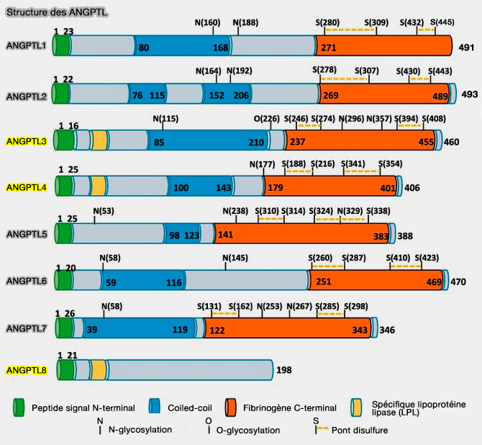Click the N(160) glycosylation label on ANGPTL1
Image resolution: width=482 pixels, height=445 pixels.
coord(208,22)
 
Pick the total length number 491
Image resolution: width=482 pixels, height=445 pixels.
coord(468,47)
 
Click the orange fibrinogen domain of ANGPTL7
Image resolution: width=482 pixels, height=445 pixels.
coord(288,328)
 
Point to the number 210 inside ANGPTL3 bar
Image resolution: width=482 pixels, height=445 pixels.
coord(256,142)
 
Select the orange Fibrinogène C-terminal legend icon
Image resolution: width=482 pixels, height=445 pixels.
coord(231,408)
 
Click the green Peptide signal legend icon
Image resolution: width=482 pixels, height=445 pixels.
coord(19,408)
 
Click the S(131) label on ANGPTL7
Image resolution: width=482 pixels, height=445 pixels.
coord(209,305)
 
